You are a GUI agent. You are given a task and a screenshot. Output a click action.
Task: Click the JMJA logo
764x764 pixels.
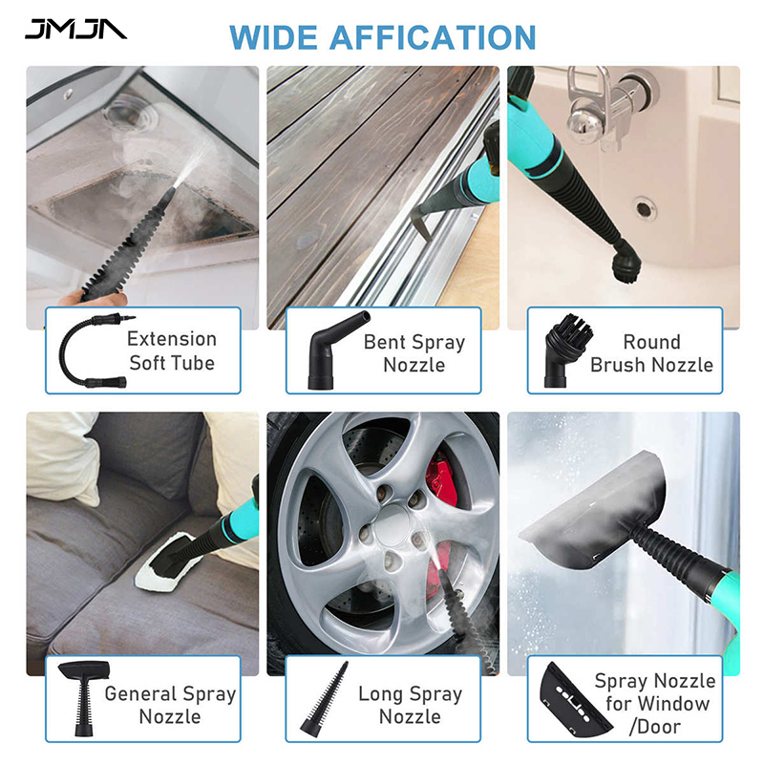point(75,29)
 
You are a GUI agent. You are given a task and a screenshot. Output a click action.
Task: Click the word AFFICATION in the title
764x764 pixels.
point(433,37)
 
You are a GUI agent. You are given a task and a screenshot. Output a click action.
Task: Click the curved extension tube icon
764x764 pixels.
point(93,350)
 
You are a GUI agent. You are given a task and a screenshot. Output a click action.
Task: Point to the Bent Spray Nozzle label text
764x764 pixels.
point(414,353)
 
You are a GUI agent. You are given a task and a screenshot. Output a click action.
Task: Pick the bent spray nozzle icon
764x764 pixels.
point(336,350)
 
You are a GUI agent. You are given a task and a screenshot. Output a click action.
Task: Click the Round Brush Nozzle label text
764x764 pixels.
point(651,353)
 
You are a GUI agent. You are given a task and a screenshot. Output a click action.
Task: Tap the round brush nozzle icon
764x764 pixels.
point(566,350)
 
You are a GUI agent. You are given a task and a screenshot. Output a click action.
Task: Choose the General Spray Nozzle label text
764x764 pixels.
point(170,705)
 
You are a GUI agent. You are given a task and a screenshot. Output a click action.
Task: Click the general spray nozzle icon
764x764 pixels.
point(84,698)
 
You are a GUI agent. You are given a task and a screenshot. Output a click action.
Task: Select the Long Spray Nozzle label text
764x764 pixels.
point(410,705)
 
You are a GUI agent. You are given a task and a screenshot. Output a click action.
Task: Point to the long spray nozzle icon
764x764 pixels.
point(324,698)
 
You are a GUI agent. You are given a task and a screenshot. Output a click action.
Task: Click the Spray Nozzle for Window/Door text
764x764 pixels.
point(655,704)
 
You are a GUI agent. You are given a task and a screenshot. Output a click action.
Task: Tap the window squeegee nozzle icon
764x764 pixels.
point(575,699)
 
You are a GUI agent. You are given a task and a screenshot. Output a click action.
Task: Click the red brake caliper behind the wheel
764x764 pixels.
point(442,480)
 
